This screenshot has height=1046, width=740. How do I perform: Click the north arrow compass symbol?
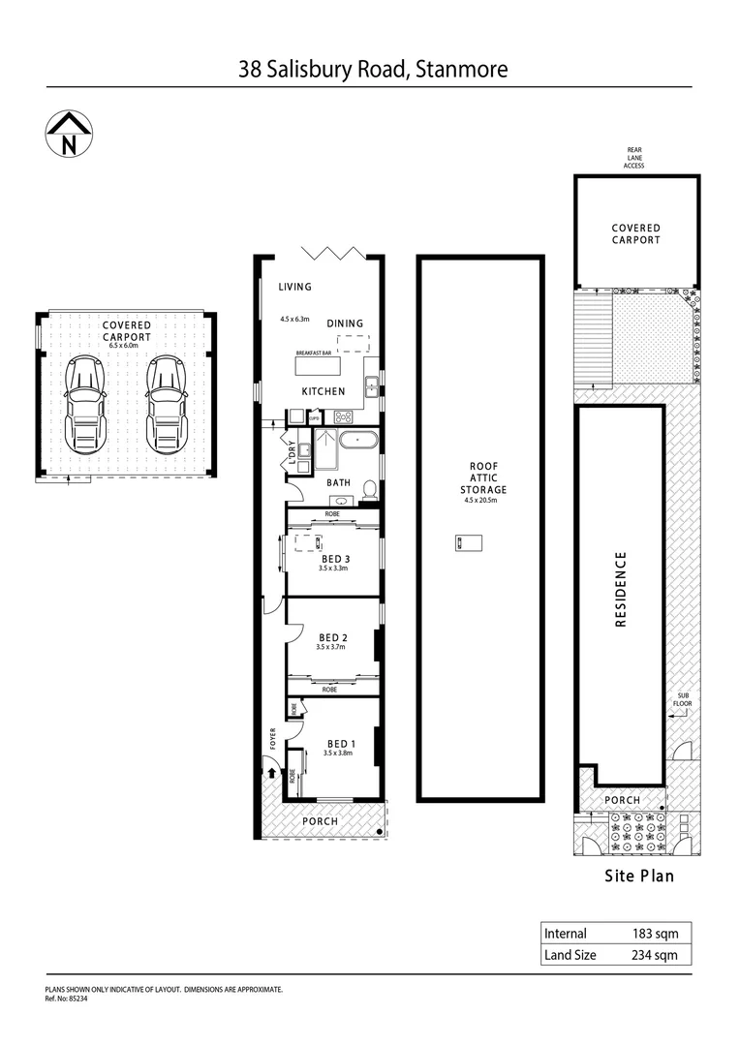68,135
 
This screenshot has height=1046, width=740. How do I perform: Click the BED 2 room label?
332,637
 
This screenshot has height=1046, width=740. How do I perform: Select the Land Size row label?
570,955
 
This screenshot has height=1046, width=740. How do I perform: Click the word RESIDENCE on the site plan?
621,590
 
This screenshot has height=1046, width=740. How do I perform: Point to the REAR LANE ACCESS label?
633,158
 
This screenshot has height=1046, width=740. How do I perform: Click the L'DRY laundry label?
292,451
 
